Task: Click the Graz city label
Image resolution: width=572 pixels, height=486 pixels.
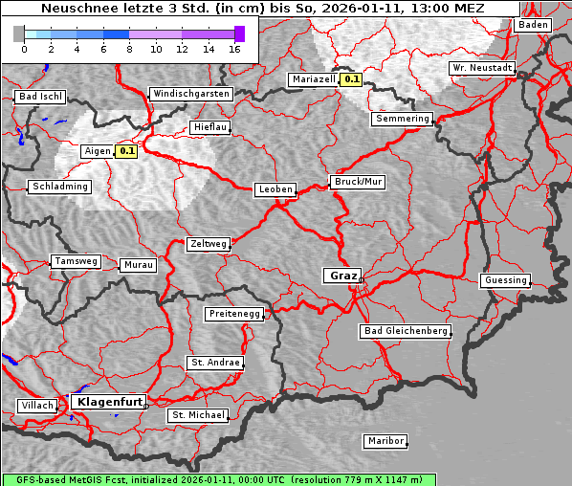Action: coord(342,276)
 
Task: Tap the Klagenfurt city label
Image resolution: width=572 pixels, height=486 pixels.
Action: coord(109,402)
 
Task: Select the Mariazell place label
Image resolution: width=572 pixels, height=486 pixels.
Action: coord(314,79)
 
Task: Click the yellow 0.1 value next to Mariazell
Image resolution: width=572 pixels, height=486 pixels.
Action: coord(352,80)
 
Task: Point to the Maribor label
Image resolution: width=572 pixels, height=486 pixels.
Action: coord(385,441)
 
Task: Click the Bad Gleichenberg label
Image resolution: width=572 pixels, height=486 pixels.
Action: coord(406,331)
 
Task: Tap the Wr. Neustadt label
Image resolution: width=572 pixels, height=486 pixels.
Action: coord(482,69)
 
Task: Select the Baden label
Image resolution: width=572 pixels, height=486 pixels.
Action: coord(534,25)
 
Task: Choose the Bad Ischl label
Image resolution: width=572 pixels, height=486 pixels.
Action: coord(40,97)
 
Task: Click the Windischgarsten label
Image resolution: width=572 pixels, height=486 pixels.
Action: coord(190,94)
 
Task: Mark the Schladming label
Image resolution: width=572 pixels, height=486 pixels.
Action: coord(60,187)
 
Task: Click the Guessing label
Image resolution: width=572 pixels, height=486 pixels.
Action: coord(505,280)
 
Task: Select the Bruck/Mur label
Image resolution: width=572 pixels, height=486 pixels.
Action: coord(357,182)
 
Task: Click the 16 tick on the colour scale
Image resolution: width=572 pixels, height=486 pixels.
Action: coord(234,49)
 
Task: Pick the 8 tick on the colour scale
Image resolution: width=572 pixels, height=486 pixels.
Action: coord(129,49)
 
